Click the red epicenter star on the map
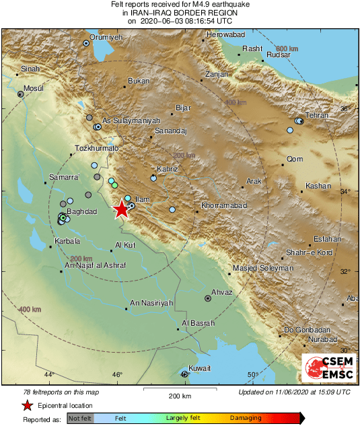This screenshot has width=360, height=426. click(121, 209)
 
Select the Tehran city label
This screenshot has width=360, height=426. click(316, 116)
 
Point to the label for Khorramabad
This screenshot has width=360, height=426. click(224, 205)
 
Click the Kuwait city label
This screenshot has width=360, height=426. click(200, 368)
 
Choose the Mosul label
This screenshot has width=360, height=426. click(33, 88)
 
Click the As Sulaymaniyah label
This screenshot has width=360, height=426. click(131, 120)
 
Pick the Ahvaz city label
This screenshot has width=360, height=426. click(221, 292)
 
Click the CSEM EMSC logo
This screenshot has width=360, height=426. click(329, 368)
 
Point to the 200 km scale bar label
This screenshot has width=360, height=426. click(180, 396)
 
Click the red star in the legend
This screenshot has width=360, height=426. click(27, 405)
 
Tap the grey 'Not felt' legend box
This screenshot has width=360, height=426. click(80, 418)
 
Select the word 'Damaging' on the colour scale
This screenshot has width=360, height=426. click(246, 418)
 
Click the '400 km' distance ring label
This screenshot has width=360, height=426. click(30, 309)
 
